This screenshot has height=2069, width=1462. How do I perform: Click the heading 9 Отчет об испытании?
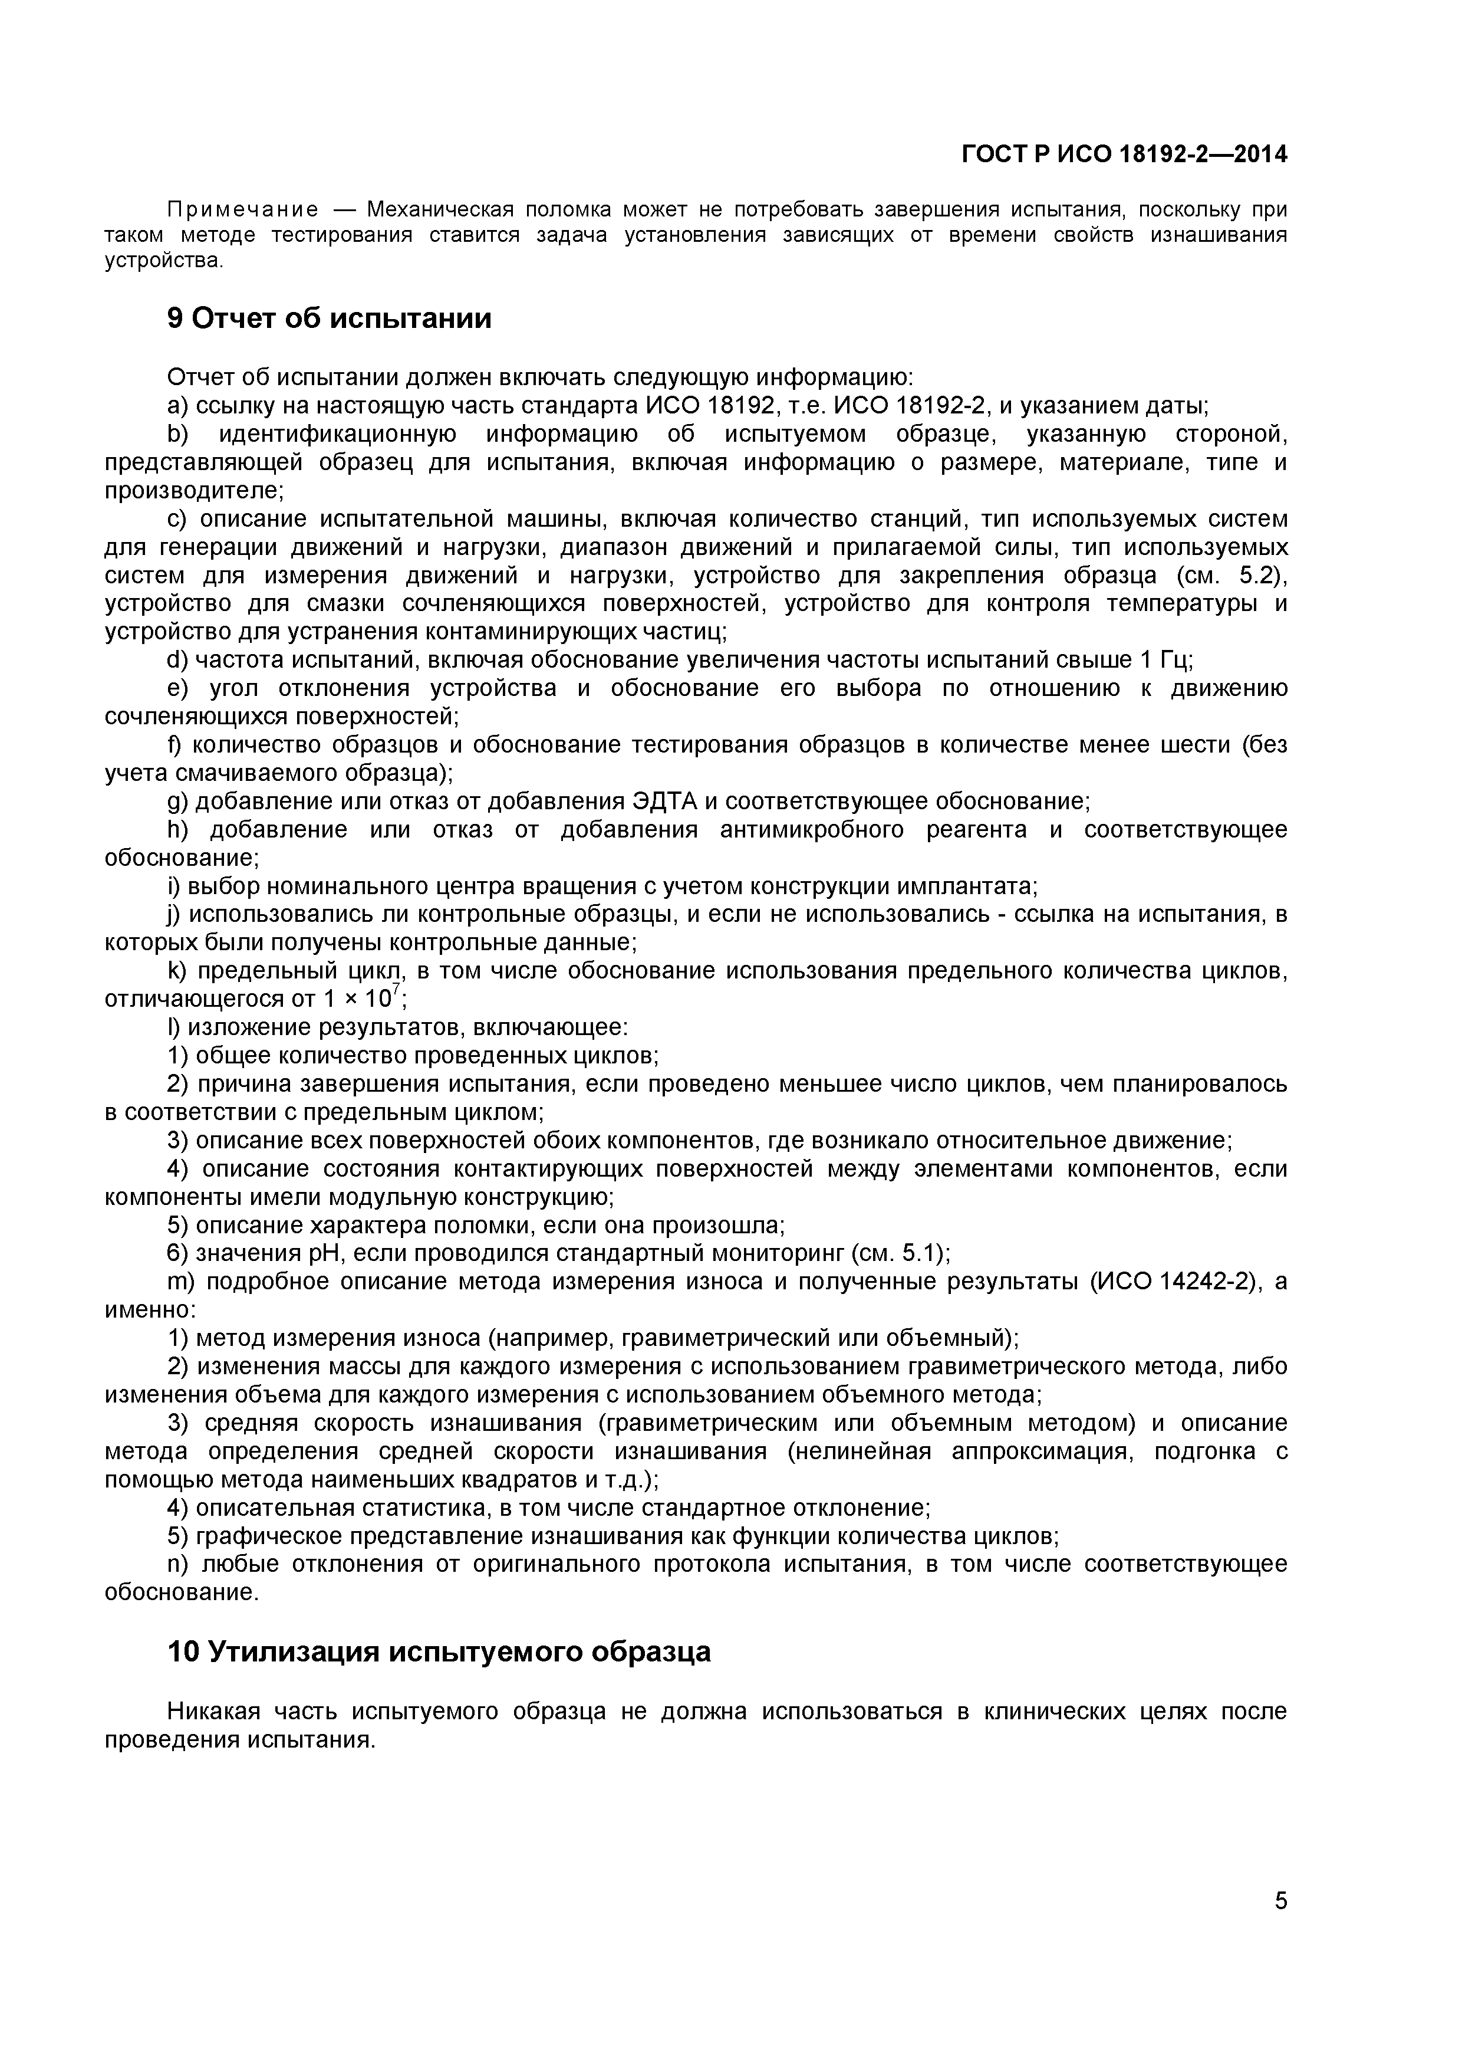330,318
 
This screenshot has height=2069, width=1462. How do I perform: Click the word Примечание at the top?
243,210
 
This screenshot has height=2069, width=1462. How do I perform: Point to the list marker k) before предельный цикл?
176,971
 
